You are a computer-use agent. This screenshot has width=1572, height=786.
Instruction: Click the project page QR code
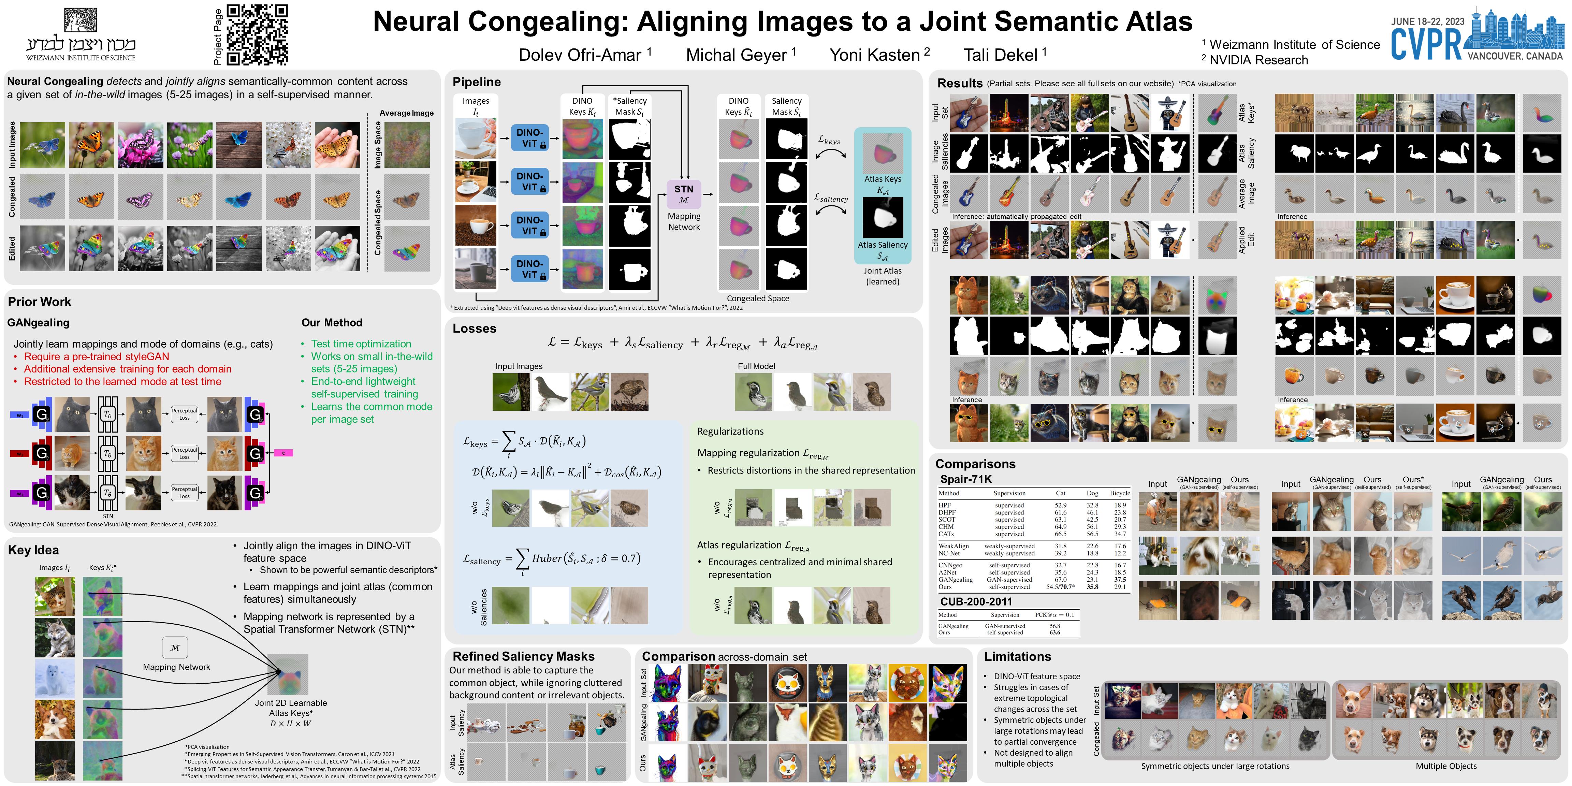(257, 35)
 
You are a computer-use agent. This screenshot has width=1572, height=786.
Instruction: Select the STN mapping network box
(683, 194)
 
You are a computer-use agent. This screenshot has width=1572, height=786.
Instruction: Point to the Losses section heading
(474, 328)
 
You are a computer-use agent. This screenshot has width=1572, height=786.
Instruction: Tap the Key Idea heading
(33, 550)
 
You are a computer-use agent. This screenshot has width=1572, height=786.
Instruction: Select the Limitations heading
(1017, 657)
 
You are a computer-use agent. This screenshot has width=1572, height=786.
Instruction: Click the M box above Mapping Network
(175, 647)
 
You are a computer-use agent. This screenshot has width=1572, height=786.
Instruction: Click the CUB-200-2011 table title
(976, 601)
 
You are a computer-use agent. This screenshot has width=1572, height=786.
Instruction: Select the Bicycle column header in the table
(1120, 493)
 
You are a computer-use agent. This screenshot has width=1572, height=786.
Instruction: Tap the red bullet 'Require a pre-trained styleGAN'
(97, 356)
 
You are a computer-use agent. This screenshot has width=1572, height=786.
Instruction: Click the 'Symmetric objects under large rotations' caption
(1215, 766)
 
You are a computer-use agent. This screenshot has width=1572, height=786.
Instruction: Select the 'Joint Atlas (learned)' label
(883, 276)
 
